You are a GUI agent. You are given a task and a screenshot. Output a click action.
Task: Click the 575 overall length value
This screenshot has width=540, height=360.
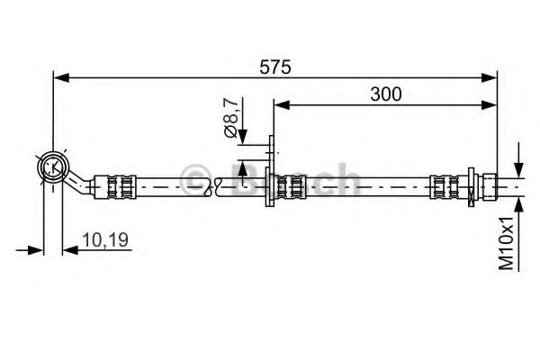[x=276, y=66]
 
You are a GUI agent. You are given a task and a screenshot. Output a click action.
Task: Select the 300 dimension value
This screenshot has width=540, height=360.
[x=384, y=93]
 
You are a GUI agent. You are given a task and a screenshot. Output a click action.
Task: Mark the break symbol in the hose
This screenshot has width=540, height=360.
[x=212, y=187]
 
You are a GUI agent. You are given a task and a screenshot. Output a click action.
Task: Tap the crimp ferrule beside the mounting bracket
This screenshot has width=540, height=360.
[x=290, y=187]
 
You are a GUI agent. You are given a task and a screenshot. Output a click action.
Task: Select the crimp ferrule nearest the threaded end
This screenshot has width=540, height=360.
[x=443, y=187]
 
